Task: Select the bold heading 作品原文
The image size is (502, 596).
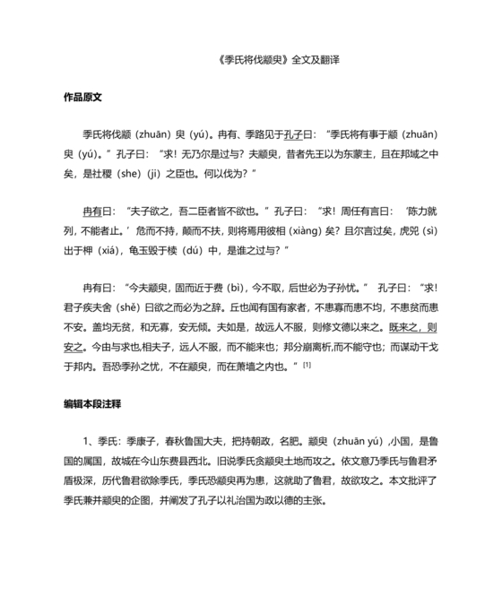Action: (82, 96)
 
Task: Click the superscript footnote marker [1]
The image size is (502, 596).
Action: (307, 363)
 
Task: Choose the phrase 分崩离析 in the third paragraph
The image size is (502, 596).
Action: (333, 347)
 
